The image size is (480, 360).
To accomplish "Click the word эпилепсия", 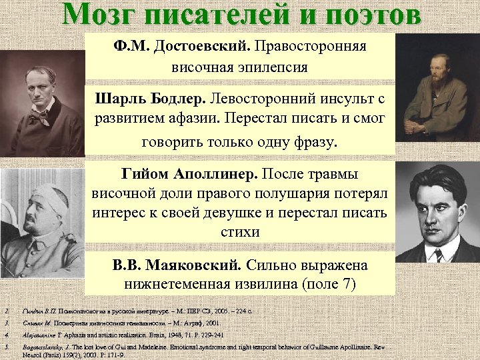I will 269,68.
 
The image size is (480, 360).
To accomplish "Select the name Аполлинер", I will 217,175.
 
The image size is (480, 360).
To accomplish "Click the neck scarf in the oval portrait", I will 44,117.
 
